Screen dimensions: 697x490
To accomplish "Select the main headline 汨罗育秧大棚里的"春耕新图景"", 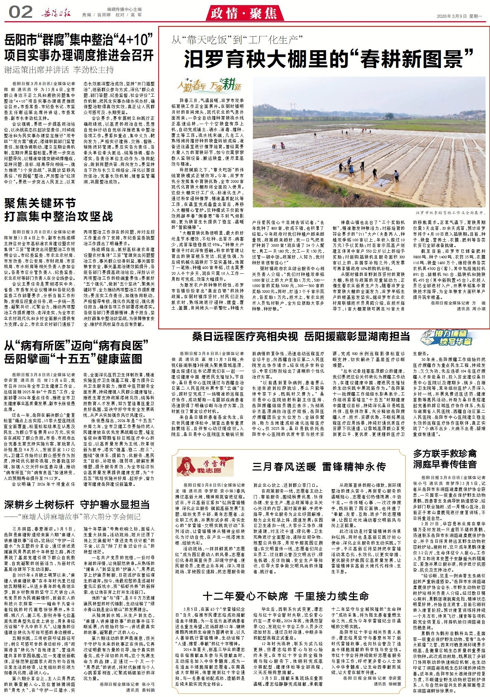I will click(328, 59).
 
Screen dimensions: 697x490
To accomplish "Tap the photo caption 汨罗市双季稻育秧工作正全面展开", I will click(450, 213).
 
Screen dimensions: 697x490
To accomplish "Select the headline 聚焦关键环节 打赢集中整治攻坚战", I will click(58, 210).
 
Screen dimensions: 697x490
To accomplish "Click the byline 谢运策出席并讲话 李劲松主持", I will click(59, 70).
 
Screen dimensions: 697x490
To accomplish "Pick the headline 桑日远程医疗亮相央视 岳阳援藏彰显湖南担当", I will click(301, 336).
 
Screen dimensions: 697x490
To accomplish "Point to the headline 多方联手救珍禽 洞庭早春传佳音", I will click(445, 459).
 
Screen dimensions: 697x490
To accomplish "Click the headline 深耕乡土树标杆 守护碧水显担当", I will click(77, 504).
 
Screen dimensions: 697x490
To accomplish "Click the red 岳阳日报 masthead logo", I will click(56, 14).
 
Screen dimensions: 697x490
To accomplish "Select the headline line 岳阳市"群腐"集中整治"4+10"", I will click(79, 40).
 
